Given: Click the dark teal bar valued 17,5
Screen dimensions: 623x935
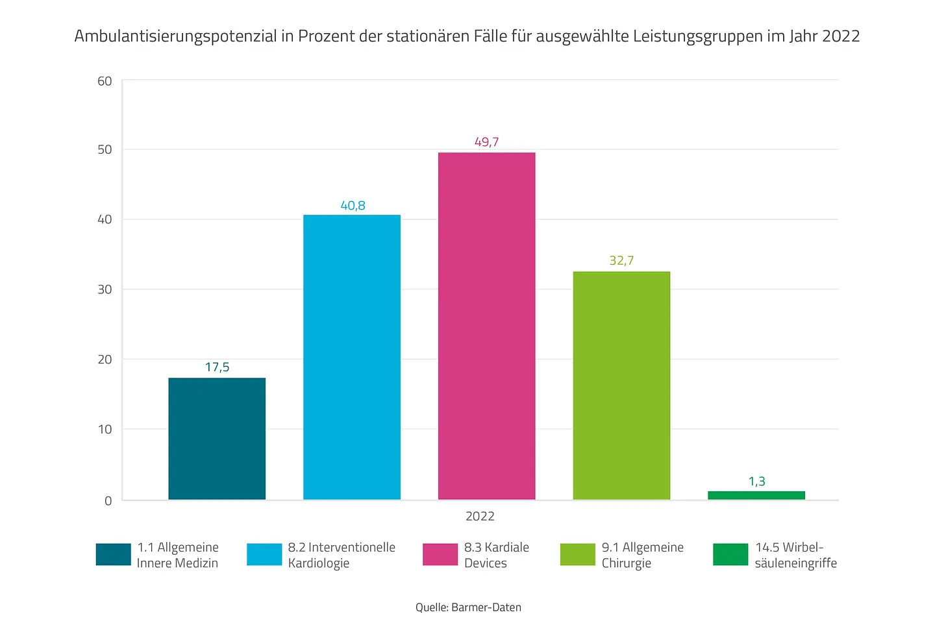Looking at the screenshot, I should tap(217, 439).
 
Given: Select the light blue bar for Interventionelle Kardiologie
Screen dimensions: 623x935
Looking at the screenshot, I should tap(352, 357).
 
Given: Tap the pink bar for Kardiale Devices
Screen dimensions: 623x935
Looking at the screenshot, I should tap(486, 326).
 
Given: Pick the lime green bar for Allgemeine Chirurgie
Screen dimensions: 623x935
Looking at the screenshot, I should tap(621, 385).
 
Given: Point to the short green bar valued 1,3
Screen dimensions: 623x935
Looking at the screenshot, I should tap(756, 495).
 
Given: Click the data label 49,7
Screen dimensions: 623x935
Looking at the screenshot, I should tap(486, 141).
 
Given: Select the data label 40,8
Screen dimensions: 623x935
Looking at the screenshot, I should tap(353, 205).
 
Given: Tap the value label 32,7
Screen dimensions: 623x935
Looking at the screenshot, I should tap(621, 260).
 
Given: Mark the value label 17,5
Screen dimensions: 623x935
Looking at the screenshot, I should tap(217, 367).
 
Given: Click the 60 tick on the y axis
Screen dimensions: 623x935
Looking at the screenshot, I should tap(105, 81).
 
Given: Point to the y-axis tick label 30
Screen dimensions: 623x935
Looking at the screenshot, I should tap(105, 289).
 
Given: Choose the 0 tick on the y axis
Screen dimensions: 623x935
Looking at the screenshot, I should tap(108, 500).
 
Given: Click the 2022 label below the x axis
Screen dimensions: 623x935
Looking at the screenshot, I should tap(480, 516).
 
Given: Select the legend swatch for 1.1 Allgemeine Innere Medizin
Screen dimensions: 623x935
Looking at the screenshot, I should tap(113, 554).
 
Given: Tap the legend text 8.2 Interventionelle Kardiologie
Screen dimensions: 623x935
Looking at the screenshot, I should tap(342, 555).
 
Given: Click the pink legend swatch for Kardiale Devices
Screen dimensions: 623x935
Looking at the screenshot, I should tap(440, 554).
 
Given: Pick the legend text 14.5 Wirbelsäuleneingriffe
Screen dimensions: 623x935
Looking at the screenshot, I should tap(795, 555).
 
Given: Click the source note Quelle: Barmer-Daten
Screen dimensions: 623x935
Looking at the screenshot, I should tap(468, 607).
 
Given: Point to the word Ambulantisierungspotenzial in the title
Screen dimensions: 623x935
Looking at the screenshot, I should tap(175, 36).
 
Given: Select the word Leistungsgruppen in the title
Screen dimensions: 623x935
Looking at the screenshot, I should tap(696, 36).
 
